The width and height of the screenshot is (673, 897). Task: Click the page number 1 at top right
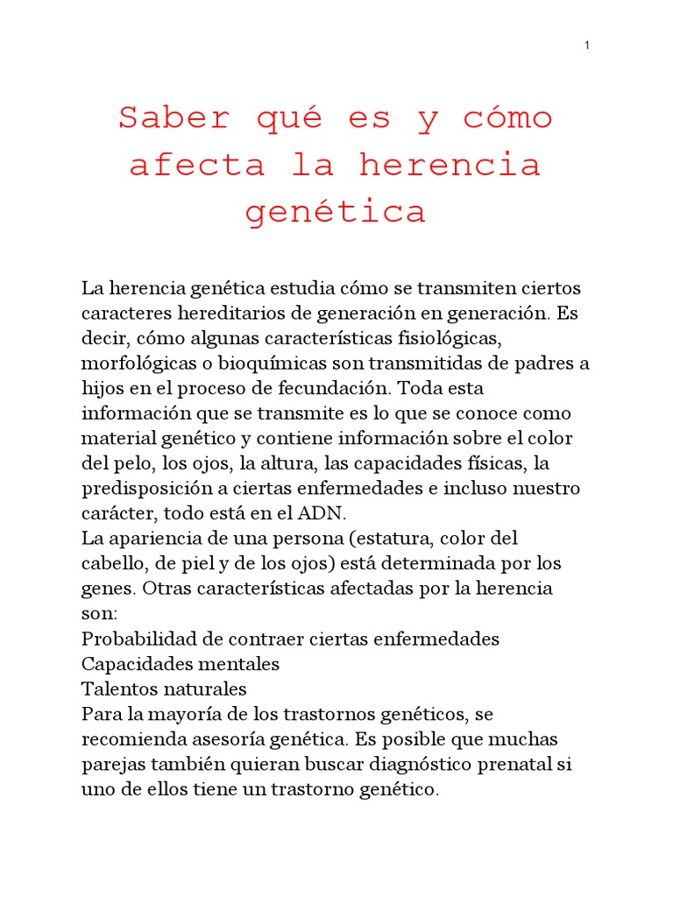(x=586, y=46)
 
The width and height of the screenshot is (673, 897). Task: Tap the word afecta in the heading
(x=197, y=165)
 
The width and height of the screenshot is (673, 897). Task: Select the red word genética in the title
(x=336, y=212)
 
